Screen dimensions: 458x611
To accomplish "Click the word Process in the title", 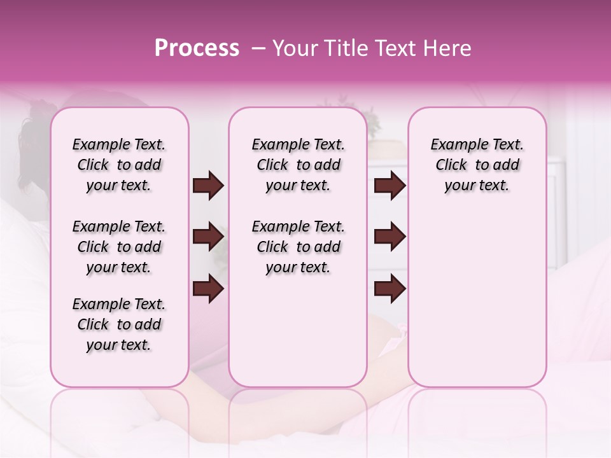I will (197, 48).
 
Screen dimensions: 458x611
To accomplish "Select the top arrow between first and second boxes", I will (208, 186).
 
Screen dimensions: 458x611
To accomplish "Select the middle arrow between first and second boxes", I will (208, 237).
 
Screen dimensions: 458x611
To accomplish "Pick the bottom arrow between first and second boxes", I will (208, 289).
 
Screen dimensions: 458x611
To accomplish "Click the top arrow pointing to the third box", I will (390, 186).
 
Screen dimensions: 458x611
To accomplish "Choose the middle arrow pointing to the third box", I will (390, 237).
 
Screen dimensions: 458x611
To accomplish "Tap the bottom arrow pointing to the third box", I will (390, 289).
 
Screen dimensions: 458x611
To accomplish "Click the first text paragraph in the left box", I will (119, 165).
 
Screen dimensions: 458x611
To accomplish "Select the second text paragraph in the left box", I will (119, 247).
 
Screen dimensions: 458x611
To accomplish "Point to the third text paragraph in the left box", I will (119, 324).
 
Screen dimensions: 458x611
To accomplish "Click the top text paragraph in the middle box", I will (298, 165).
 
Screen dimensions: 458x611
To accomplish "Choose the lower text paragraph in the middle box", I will (298, 247).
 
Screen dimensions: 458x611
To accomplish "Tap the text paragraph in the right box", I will (477, 165).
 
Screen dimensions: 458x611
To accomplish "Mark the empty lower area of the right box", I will (477, 299).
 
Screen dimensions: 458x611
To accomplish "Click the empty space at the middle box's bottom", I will (298, 337).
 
